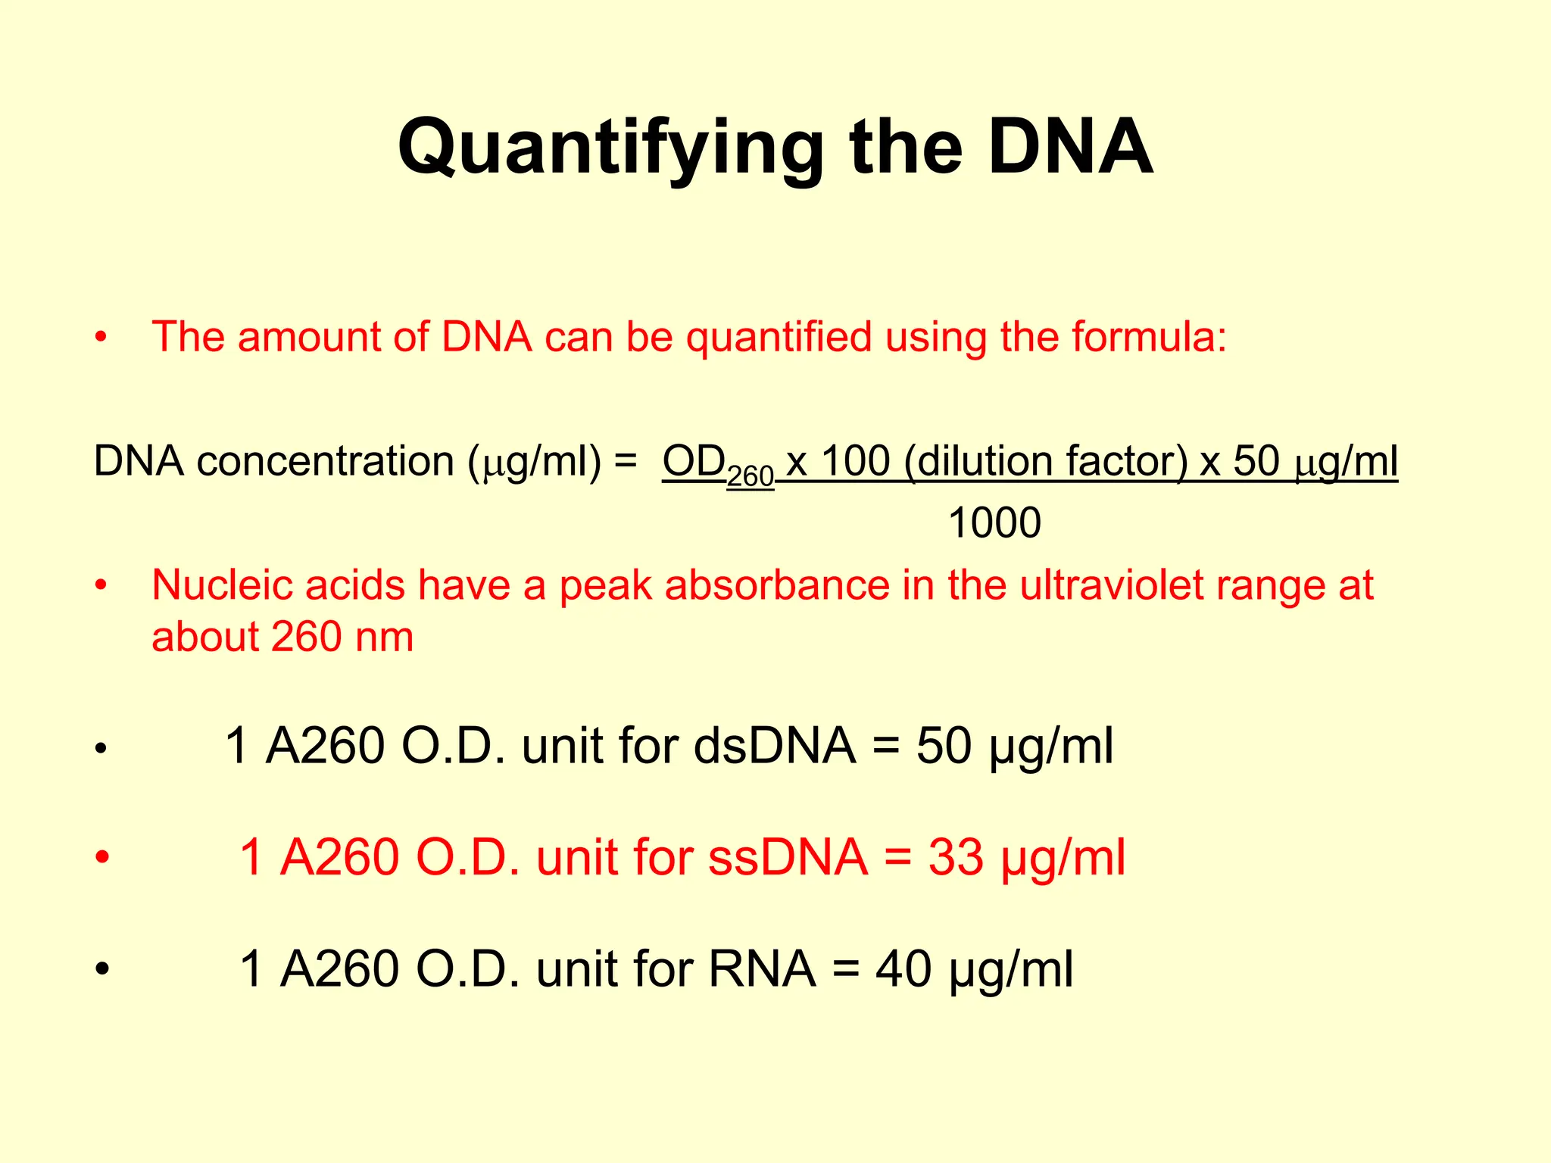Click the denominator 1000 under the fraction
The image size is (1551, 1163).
coord(994,522)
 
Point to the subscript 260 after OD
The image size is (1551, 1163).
coord(750,476)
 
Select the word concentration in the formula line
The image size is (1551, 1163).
coord(325,461)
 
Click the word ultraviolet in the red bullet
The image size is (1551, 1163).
coord(1110,585)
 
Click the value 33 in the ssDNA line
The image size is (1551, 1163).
coord(956,858)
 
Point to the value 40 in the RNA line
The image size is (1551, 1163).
coord(903,969)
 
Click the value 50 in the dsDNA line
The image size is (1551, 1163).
coord(944,746)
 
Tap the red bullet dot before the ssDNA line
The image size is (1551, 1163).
coord(103,858)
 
